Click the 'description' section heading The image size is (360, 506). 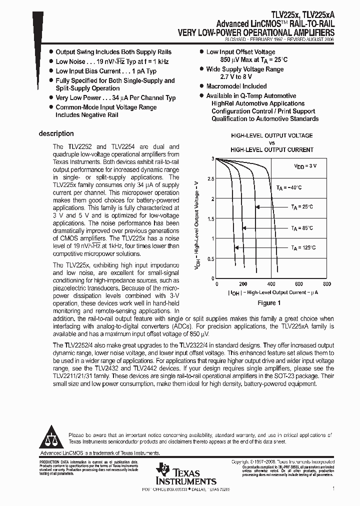(x=56, y=134)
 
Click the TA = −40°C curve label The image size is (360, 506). (x=289, y=187)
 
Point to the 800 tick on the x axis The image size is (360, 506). (x=327, y=283)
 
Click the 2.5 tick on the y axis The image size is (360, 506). (x=210, y=178)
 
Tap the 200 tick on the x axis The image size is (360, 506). (x=243, y=283)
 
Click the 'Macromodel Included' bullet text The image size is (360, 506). (x=236, y=86)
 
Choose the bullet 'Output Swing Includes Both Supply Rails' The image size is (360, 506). (x=113, y=52)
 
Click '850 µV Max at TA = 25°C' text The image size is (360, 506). (x=247, y=60)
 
